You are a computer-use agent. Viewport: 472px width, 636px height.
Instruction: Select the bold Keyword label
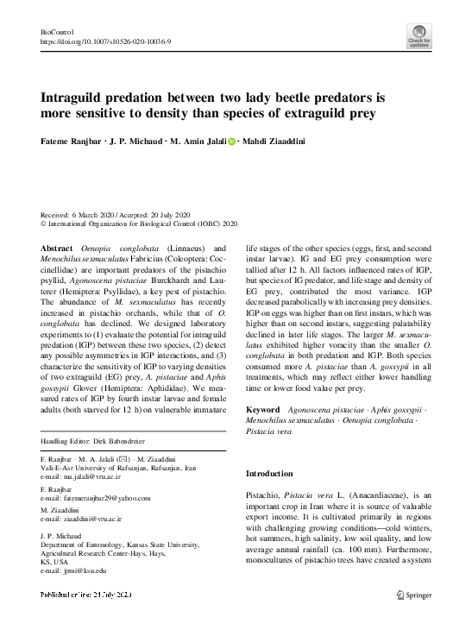[263, 409]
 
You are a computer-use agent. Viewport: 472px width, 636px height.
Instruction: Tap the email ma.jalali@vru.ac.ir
[85, 476]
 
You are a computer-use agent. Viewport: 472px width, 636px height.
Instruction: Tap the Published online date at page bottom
[86, 595]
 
